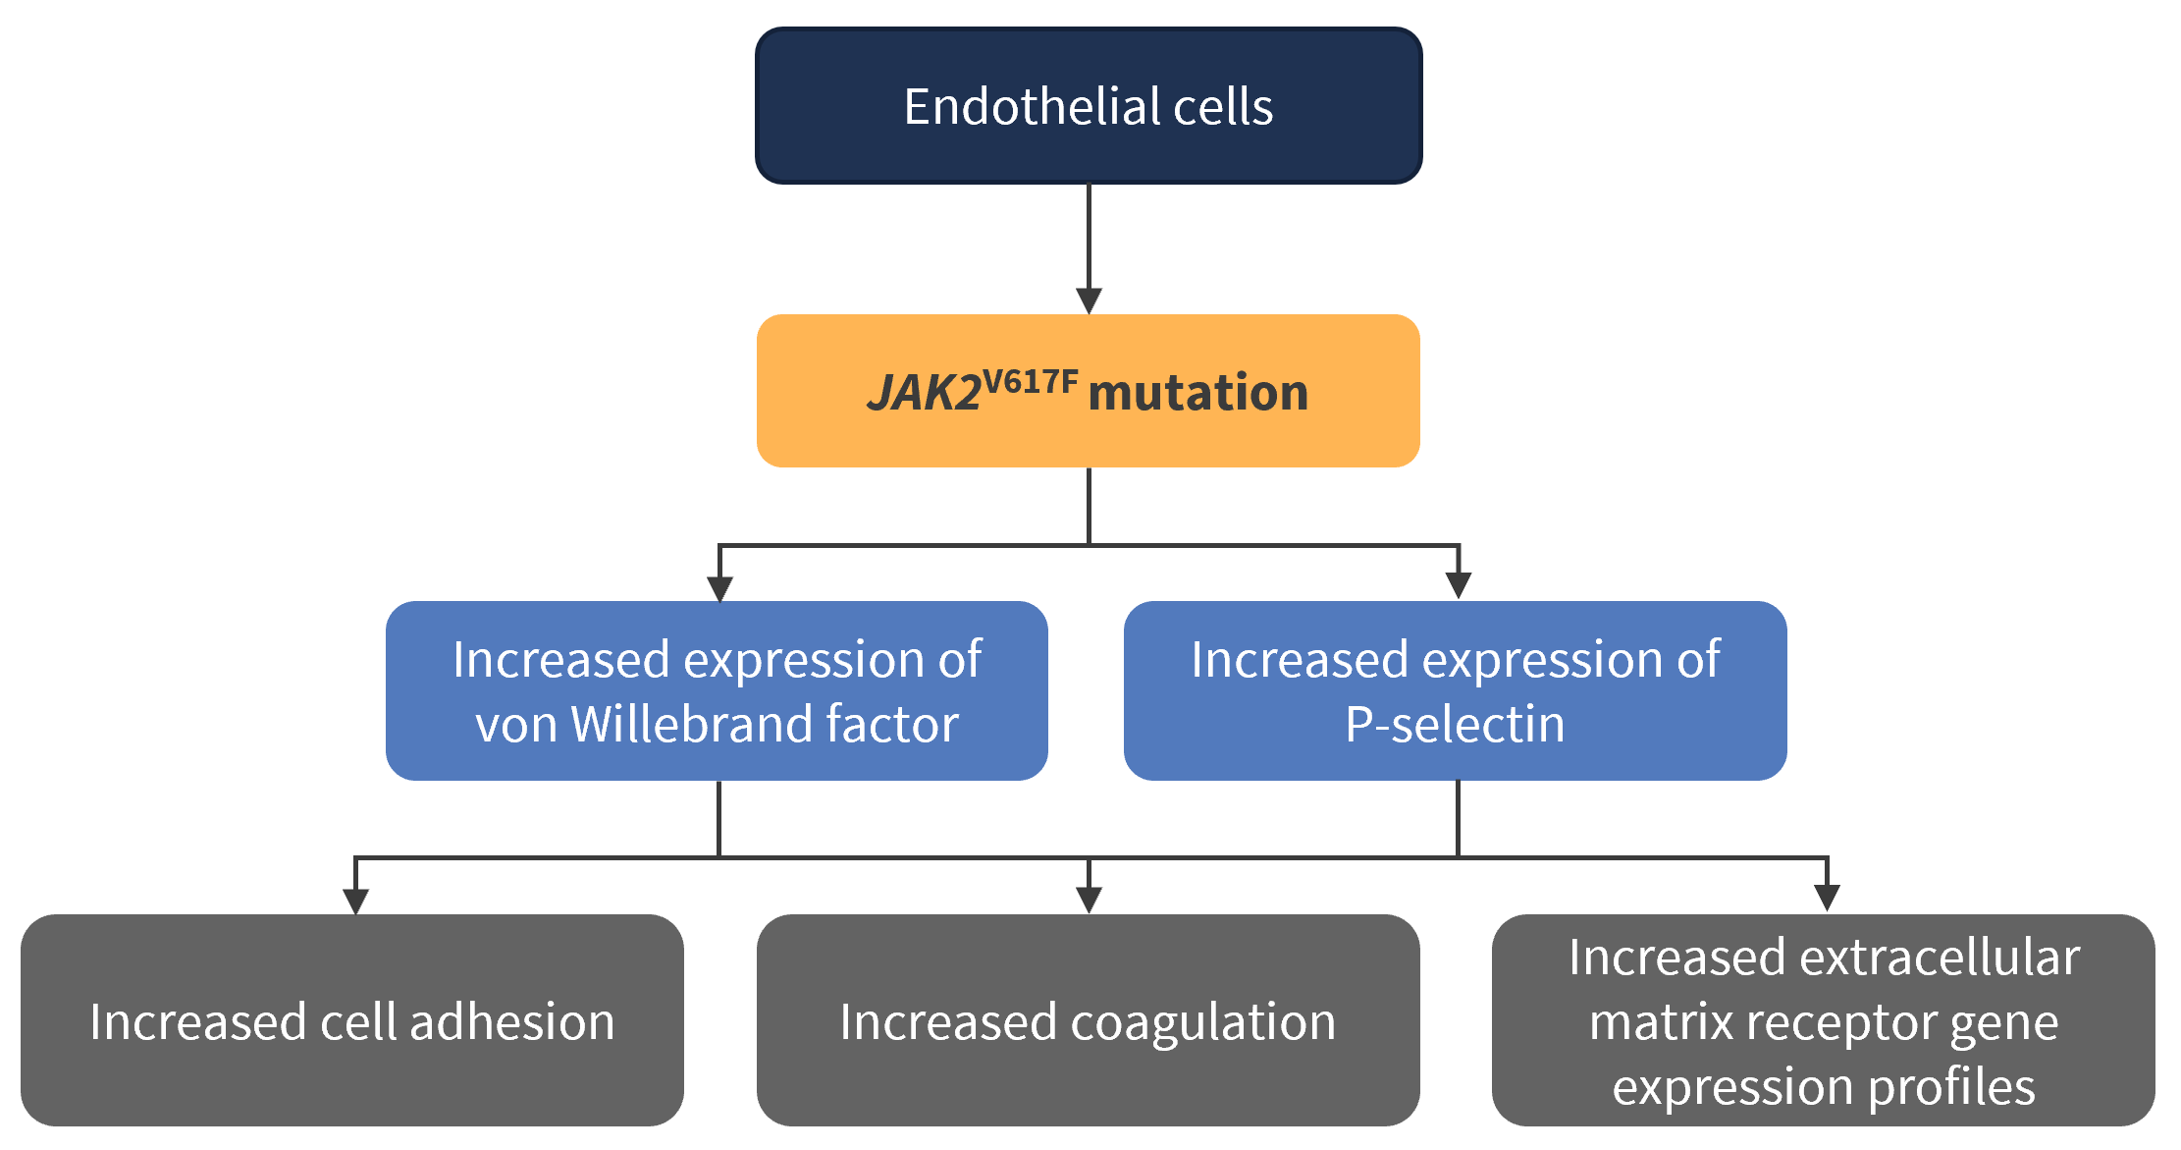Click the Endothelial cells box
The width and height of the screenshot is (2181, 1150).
click(1089, 105)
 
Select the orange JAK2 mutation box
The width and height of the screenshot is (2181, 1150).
click(1089, 391)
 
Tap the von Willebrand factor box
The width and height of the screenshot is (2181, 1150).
click(717, 690)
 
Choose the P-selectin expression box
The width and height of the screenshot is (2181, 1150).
click(1456, 690)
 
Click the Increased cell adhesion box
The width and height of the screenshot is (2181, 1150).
click(352, 1020)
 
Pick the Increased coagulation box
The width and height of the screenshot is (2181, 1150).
click(1089, 1020)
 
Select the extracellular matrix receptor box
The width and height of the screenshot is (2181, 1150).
click(1824, 1020)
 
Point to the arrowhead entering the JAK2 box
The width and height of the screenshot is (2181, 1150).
click(1089, 301)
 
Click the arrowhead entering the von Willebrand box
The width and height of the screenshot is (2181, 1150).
click(719, 588)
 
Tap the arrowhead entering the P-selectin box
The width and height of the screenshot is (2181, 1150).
click(1459, 586)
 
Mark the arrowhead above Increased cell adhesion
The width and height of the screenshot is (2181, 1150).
click(355, 902)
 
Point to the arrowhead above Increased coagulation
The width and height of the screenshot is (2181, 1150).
click(1089, 900)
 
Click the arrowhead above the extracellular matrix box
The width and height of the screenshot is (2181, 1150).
click(1827, 899)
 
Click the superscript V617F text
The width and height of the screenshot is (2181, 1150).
click(1031, 380)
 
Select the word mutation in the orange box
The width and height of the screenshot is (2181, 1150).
click(1198, 393)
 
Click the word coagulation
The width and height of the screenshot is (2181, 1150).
click(1203, 1023)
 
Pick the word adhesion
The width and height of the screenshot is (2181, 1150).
click(512, 1021)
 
